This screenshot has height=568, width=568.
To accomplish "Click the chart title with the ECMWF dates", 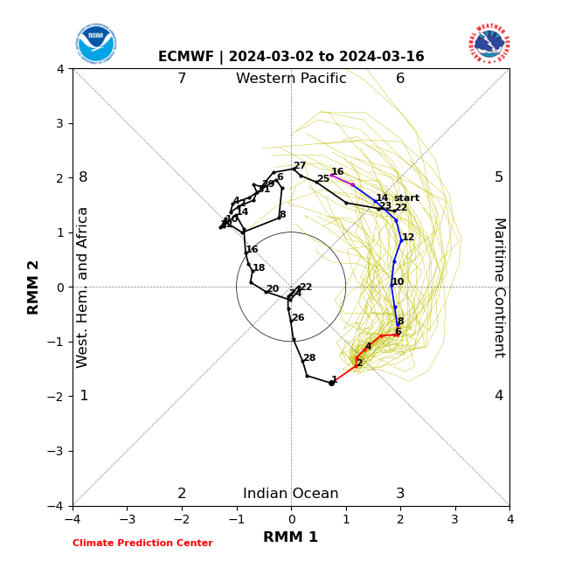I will (x=291, y=57).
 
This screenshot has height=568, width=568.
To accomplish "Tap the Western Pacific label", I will (x=291, y=79).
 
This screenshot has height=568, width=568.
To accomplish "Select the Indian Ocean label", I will (x=291, y=494).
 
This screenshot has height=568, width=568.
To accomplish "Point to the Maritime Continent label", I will (x=499, y=287).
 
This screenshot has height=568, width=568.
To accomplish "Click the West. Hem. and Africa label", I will (x=83, y=287).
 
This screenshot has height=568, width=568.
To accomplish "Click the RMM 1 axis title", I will (x=291, y=537).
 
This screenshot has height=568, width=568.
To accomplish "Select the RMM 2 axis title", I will (x=34, y=287).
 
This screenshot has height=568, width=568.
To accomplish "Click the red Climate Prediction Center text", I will (x=142, y=544).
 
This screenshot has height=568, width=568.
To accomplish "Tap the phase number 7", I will (x=182, y=79).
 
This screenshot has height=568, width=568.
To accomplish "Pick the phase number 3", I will (x=400, y=494).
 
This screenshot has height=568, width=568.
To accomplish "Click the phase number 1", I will (x=84, y=396).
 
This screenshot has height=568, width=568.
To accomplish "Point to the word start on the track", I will (x=406, y=198).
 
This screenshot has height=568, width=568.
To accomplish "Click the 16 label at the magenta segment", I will (x=337, y=172).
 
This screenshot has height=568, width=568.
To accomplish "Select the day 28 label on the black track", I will (x=309, y=358).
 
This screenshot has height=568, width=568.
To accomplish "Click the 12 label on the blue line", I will (x=408, y=238).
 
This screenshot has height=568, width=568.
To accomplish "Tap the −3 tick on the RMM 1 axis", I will (x=127, y=519).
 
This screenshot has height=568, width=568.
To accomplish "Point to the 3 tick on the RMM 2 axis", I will (x=59, y=123).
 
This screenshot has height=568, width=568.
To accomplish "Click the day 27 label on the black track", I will (x=300, y=166).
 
